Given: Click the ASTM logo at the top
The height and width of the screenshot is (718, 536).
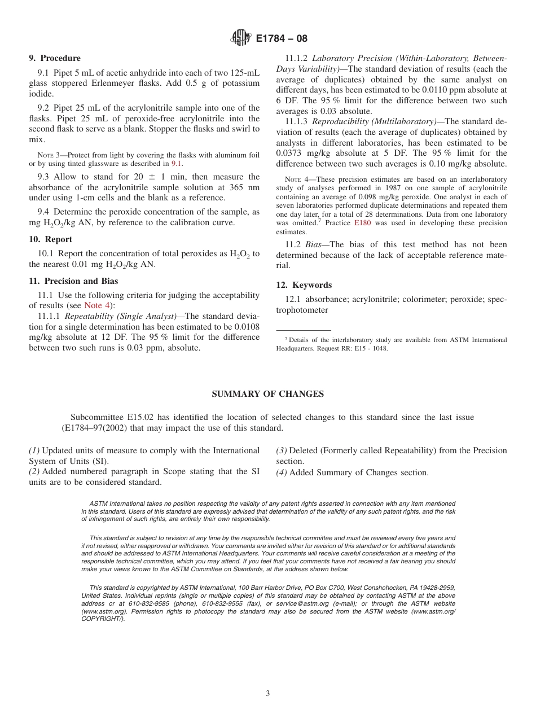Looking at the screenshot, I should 240,38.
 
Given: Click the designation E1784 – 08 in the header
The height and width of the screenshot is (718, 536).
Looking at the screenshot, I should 281,39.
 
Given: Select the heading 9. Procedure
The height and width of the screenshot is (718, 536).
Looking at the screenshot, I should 55,58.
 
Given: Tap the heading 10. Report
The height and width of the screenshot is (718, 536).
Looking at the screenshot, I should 50,239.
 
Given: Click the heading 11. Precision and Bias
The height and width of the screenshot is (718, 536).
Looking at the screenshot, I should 73,281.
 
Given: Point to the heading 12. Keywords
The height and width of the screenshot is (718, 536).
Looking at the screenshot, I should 304,285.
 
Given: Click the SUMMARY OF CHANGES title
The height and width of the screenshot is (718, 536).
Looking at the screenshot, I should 267,394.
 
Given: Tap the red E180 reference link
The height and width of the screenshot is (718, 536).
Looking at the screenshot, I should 362,223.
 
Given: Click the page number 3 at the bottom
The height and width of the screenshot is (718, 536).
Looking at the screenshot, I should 268,694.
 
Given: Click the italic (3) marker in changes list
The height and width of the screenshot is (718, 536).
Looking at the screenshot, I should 282,450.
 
